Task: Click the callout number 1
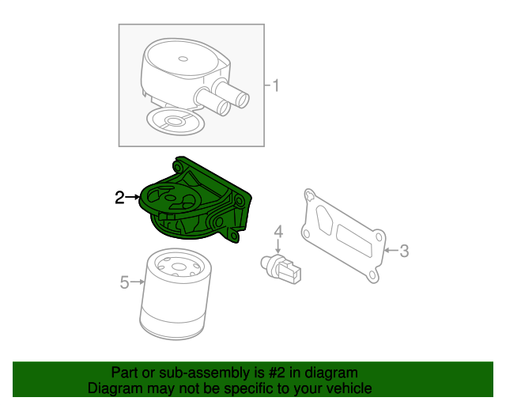tap(275, 85)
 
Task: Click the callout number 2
tap(119, 198)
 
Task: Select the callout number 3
tap(403, 252)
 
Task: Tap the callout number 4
tap(278, 232)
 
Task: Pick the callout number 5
tap(124, 282)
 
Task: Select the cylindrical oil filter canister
tap(176, 305)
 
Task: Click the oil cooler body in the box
tap(178, 75)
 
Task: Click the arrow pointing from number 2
tap(133, 198)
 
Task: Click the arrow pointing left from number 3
tap(390, 252)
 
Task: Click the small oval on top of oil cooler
tap(183, 58)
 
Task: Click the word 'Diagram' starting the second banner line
tap(113, 388)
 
